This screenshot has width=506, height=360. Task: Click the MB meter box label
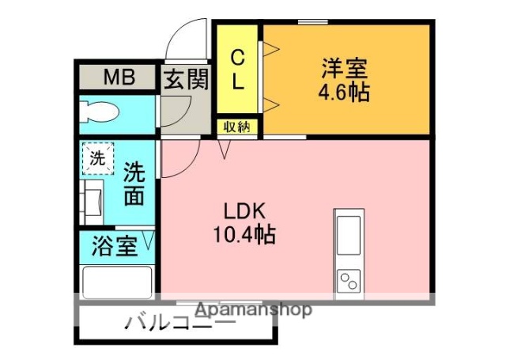click(x=119, y=78)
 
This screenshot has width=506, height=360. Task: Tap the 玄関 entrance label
click(x=186, y=78)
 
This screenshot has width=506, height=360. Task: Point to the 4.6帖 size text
click(x=344, y=93)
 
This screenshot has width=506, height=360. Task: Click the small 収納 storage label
click(x=236, y=127)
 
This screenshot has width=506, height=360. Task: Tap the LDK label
click(x=244, y=210)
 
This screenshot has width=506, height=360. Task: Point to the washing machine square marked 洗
click(x=96, y=157)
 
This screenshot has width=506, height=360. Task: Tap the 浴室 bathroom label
click(x=115, y=246)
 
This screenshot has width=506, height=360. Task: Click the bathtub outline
click(x=117, y=282)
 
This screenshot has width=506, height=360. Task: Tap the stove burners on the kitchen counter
click(x=349, y=279)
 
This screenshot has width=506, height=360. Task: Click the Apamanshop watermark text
click(x=253, y=309)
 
